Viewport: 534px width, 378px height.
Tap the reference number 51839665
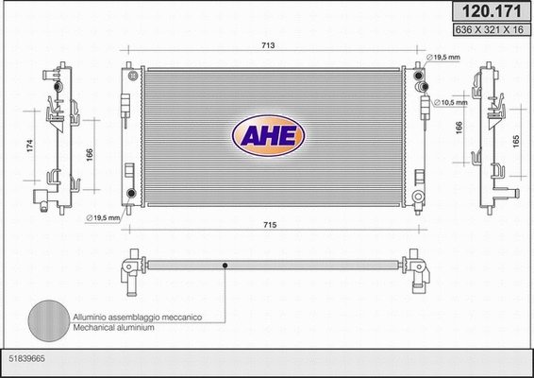(x=25, y=359)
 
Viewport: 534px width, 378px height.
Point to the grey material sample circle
(x=46, y=322)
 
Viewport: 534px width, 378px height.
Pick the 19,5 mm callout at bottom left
(x=104, y=218)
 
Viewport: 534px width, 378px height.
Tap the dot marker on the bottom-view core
(x=225, y=266)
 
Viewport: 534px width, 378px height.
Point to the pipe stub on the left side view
(x=41, y=198)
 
